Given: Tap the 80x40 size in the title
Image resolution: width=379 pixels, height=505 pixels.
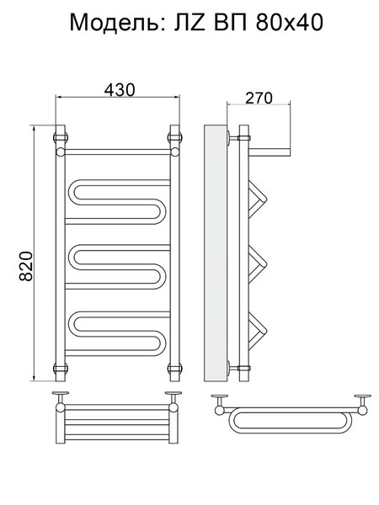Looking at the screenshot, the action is pos(289,23).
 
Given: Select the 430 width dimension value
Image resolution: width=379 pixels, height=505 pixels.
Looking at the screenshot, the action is pos(120,90).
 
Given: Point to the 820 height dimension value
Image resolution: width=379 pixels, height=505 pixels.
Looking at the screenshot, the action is pos(26,266).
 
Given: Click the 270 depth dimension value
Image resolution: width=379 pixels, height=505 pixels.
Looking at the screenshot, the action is pos(259,98).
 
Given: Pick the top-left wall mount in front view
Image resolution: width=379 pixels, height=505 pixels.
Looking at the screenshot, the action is pos(61,137).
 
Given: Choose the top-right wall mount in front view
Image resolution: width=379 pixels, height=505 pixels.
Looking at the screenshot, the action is pos(175,137).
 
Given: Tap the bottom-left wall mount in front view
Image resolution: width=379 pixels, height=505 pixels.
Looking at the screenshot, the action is pos(61,368).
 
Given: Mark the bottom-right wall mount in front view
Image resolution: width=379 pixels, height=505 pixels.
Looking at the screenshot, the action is pos(175,368).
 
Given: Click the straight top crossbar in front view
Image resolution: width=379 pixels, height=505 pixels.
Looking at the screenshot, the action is pos(118,152).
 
